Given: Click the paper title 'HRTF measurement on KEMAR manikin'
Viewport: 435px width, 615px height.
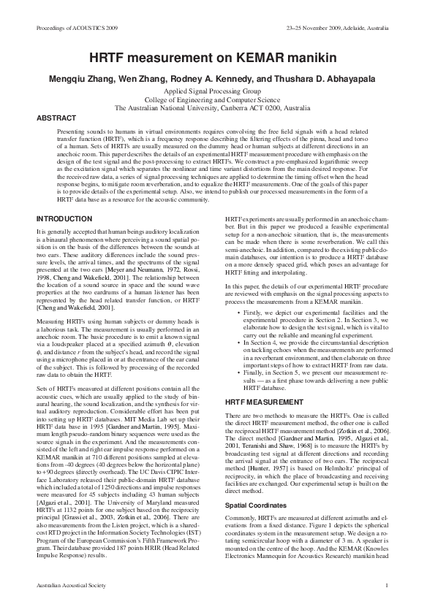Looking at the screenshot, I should tap(217, 61).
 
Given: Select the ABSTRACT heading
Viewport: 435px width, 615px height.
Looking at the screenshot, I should tap(56, 118).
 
